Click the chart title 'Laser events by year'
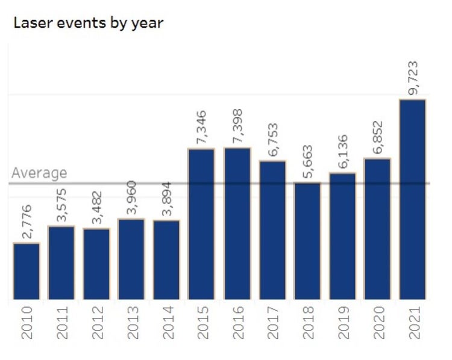click(x=88, y=23)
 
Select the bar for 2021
click(x=412, y=199)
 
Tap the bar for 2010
click(x=27, y=271)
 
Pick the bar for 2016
click(x=237, y=223)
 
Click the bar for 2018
click(x=307, y=241)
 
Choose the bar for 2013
click(x=131, y=259)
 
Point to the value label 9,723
click(x=412, y=78)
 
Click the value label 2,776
click(x=27, y=222)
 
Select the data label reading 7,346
click(x=202, y=127)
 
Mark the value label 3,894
click(x=167, y=199)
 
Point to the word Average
click(x=39, y=173)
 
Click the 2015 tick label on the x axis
click(x=202, y=322)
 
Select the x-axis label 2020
click(x=377, y=322)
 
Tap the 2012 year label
click(x=96, y=322)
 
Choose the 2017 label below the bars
click(x=272, y=322)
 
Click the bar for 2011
click(x=61, y=262)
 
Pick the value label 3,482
click(x=96, y=207)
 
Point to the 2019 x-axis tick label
click(x=342, y=322)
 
